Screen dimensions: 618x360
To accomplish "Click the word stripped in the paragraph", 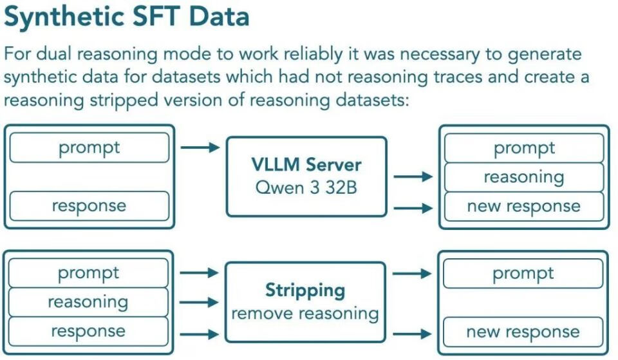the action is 124,100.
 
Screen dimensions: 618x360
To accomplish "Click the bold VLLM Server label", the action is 306,165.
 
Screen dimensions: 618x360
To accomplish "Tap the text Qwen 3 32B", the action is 306,187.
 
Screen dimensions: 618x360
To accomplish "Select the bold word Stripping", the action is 305,290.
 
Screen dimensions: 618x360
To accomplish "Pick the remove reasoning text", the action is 305,314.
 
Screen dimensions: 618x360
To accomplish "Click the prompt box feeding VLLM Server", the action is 89,148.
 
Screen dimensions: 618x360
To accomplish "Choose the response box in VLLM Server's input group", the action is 89,206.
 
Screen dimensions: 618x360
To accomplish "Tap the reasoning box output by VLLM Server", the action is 524,177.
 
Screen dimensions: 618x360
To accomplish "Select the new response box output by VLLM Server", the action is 524,206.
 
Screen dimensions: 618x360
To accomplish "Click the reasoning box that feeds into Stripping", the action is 88,302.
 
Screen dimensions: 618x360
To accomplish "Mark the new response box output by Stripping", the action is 523,332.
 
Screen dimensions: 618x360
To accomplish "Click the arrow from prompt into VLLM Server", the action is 200,147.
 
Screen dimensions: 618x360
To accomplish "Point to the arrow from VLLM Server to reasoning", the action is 413,176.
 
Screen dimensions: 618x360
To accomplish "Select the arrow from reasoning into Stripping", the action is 199,303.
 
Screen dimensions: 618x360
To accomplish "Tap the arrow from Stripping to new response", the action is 412,334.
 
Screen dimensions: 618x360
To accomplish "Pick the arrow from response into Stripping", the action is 199,334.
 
